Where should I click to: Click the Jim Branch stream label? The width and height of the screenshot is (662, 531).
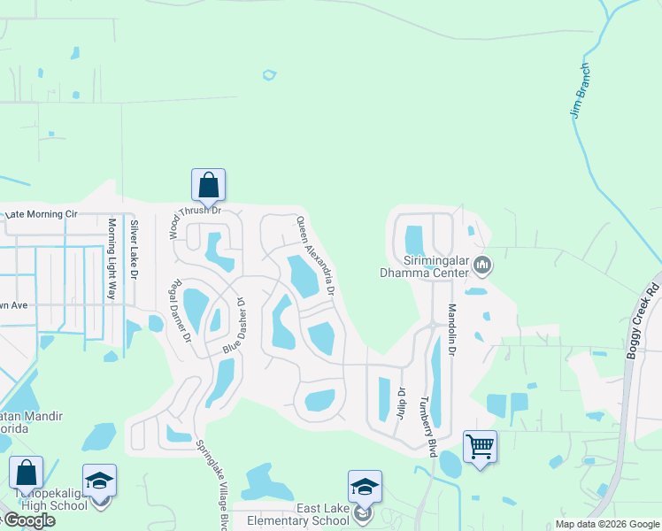coord(580,90)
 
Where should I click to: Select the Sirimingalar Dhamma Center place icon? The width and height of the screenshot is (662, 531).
coord(482,264)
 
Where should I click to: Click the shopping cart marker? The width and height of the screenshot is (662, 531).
coord(480,446)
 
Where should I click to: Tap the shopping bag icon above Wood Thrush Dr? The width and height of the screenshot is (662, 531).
coord(208,185)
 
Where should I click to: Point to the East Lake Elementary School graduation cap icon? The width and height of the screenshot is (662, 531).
coord(365,487)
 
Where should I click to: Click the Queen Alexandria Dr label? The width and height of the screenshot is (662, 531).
coord(315,256)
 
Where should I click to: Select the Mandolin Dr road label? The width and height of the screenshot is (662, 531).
coord(451,330)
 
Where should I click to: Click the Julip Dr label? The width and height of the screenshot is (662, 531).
coord(401,404)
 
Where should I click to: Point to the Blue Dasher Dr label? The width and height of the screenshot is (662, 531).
coord(233,326)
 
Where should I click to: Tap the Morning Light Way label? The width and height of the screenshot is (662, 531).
coord(112,247)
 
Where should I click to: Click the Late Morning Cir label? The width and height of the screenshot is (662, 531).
coord(42,214)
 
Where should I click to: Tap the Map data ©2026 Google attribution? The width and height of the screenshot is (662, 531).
coord(606,524)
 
